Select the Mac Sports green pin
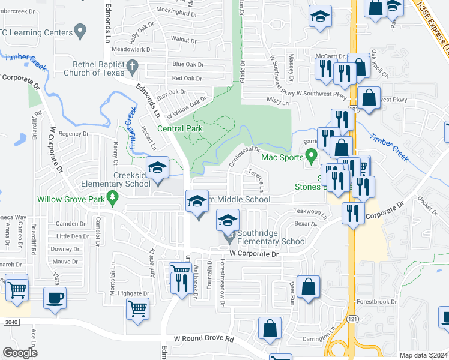click(311, 158)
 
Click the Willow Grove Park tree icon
click(112, 197)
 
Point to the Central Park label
click(180, 128)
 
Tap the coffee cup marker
click(55, 298)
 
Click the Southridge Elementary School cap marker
click(228, 221)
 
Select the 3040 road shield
click(11, 322)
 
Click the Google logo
click(20, 353)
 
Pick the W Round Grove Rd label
click(204, 339)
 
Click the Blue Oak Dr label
click(188, 64)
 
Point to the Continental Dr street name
click(244, 156)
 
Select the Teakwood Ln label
click(310, 212)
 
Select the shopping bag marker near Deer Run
click(309, 288)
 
